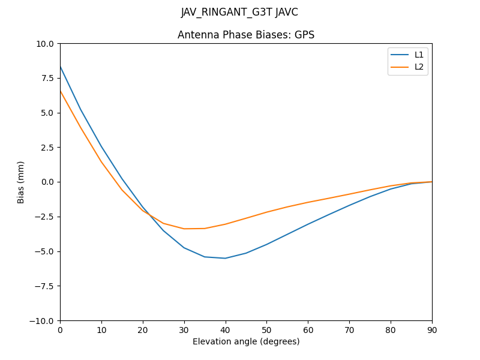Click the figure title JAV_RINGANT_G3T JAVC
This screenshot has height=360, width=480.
click(x=239, y=13)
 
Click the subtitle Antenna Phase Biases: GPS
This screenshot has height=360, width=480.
click(x=246, y=35)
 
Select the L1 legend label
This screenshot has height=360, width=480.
click(x=419, y=55)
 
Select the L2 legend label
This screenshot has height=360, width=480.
click(x=419, y=67)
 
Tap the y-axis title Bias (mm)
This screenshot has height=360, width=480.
click(x=21, y=182)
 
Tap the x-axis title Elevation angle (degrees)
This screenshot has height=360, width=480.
click(x=246, y=342)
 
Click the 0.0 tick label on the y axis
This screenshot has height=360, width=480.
click(x=47, y=182)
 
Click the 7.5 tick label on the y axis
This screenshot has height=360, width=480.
click(x=47, y=78)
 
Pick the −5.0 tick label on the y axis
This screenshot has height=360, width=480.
click(x=44, y=251)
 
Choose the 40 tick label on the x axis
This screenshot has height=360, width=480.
click(x=225, y=329)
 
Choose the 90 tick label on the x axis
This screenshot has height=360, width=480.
click(x=432, y=329)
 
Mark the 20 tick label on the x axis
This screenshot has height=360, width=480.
click(x=143, y=329)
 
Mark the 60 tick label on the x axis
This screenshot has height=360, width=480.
click(x=308, y=329)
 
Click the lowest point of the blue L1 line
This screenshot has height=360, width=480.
click(x=225, y=258)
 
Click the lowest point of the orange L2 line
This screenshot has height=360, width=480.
click(x=184, y=229)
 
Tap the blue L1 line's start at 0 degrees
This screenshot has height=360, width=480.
click(x=61, y=67)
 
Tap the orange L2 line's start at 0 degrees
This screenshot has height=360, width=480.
click(x=61, y=91)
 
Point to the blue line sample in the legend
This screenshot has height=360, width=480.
click(x=400, y=55)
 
